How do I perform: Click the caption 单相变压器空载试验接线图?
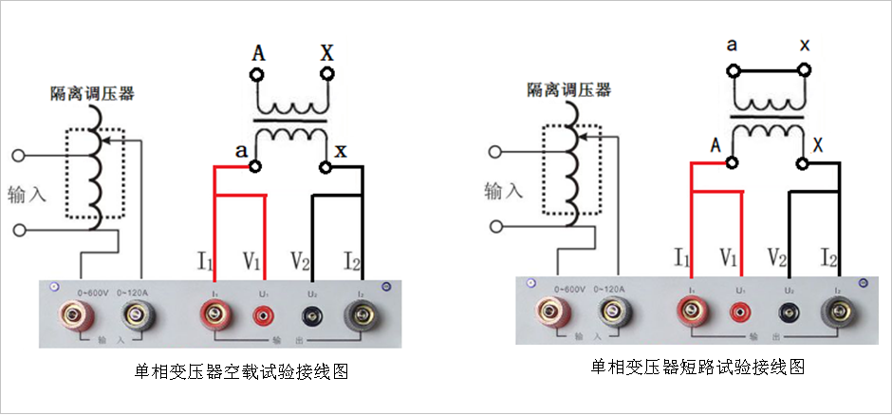point(242,371)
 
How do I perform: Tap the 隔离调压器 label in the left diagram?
point(92,93)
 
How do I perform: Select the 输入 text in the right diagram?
point(504,190)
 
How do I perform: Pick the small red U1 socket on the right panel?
point(738,310)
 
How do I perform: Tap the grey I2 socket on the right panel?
point(836,309)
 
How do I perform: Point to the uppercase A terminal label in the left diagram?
point(258,53)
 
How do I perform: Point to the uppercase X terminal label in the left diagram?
point(327,52)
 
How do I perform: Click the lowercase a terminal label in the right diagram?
point(732,45)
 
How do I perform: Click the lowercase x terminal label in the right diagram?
point(804,45)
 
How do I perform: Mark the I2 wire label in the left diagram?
point(352,258)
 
